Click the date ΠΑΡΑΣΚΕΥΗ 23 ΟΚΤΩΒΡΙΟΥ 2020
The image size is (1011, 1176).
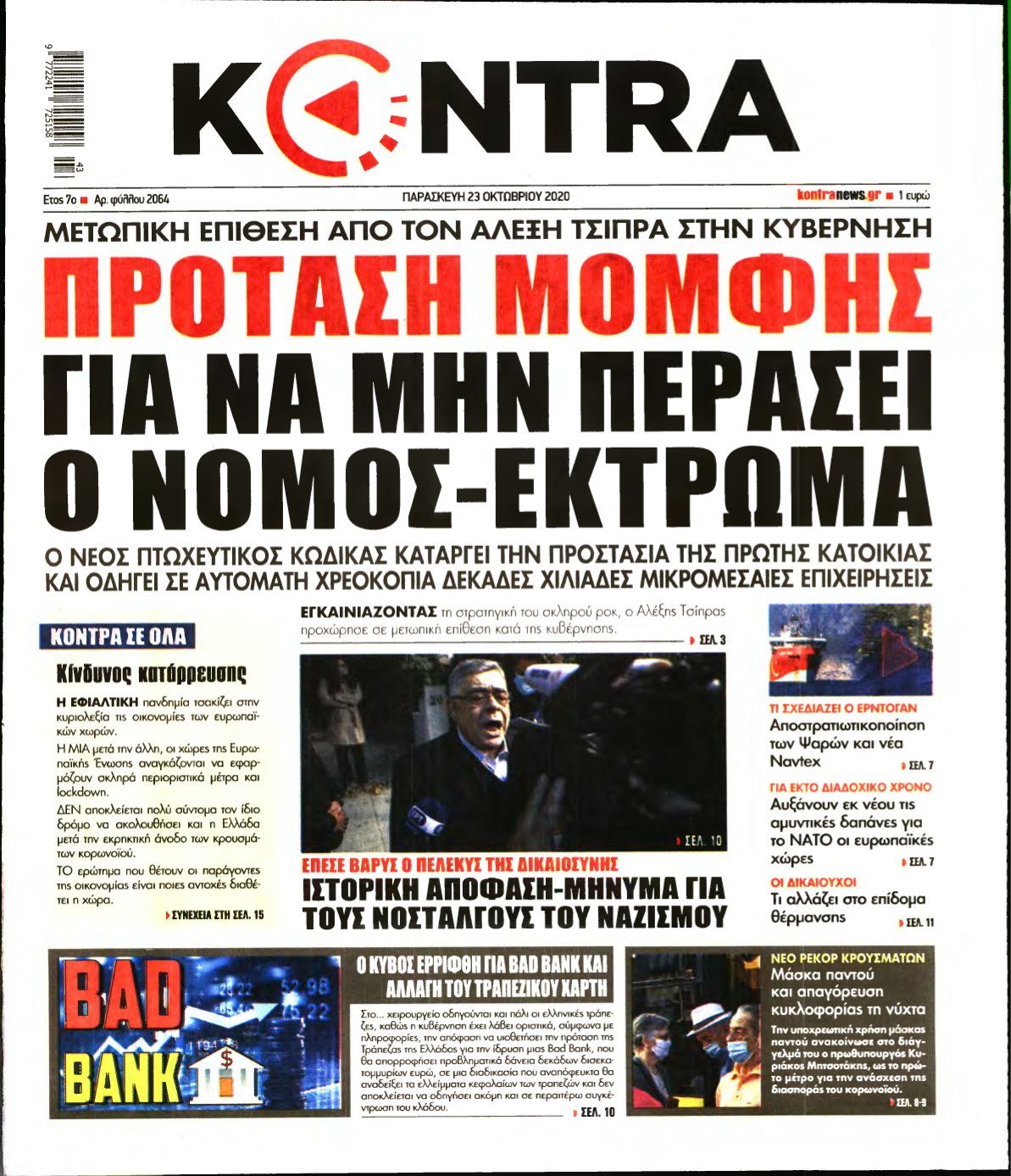coord(486,197)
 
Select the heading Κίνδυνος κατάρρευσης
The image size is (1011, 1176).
coord(152,675)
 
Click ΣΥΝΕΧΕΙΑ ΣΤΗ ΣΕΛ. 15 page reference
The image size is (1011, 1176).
coord(214,916)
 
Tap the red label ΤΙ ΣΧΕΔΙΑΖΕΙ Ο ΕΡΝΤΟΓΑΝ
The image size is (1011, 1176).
coord(842,708)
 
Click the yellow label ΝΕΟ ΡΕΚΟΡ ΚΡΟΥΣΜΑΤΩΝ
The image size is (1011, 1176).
coord(847,958)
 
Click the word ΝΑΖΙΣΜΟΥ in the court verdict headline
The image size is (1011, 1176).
coord(663,916)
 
